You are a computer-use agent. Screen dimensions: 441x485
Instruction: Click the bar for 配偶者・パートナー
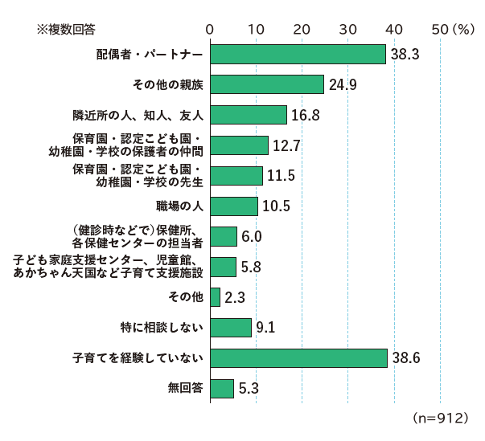coord(298,54)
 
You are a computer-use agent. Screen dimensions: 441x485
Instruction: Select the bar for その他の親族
coord(266,84)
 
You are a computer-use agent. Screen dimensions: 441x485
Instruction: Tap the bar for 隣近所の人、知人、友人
coord(248,115)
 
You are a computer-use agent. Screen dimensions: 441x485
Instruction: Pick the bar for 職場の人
coord(233,206)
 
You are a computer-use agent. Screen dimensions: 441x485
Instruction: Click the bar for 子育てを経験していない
coord(298,358)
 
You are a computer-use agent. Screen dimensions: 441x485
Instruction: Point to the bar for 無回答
coord(221,389)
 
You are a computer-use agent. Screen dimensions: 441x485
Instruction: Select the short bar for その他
coord(215,297)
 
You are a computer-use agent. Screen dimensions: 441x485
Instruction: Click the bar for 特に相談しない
coord(230,328)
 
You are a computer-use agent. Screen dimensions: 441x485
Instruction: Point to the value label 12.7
coord(287,145)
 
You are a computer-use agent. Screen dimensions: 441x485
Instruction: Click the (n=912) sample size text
coord(439,419)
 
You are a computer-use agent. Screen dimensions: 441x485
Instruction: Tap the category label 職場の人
coord(179,206)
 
